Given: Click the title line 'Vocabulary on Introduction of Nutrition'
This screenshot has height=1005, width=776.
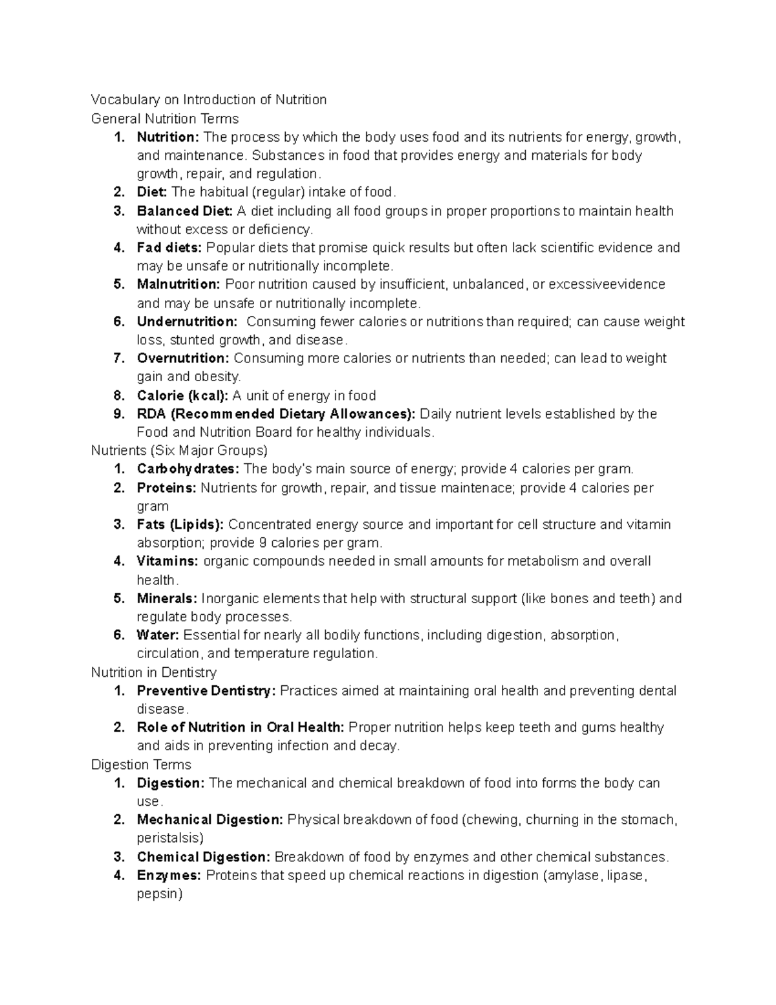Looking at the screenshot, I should [x=208, y=100].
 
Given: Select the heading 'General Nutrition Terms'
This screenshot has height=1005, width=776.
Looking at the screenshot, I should [x=165, y=118].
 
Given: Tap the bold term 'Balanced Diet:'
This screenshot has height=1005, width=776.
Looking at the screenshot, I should [x=184, y=211].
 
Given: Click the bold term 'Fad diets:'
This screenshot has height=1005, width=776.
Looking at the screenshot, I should [x=169, y=247].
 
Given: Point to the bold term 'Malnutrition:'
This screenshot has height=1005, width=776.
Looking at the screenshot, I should [x=178, y=284].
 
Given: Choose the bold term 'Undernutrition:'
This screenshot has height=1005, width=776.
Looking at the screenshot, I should [x=187, y=322].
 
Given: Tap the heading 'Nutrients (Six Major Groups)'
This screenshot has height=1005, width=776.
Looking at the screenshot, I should [x=179, y=450].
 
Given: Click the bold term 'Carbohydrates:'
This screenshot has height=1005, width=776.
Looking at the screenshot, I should [x=188, y=469].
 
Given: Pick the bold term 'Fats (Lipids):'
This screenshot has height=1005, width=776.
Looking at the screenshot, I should [x=180, y=524].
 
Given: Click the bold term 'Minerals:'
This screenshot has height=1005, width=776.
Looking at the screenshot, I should [x=167, y=599].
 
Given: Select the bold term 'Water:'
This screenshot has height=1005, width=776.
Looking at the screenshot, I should [x=157, y=635].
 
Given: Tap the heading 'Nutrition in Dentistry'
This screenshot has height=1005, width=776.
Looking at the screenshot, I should [x=154, y=672].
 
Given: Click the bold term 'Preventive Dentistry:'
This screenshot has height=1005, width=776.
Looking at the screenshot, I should [x=206, y=690].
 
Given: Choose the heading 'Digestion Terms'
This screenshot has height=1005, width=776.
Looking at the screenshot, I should [x=141, y=765].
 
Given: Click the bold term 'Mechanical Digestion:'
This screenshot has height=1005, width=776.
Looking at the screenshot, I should [x=210, y=820].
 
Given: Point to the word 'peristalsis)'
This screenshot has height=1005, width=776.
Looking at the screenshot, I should [x=170, y=838].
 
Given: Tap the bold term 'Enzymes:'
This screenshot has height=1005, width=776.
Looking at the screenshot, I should [x=169, y=876].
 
